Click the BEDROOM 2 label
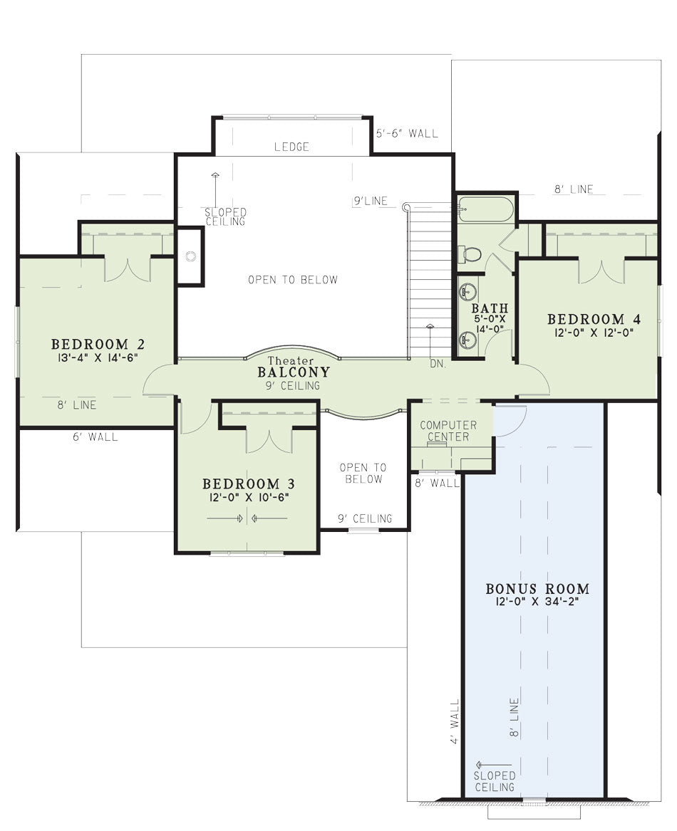coord(98,344)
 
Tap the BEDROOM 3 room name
coord(249,484)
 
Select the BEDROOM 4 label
coord(594,319)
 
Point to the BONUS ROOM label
coord(537,589)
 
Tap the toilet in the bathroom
coord(469,254)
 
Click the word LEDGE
coord(291,147)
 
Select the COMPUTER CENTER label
coord(448,431)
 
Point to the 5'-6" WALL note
coord(408,133)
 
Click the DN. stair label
coord(438,364)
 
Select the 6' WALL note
coord(95,437)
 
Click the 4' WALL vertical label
coord(455,722)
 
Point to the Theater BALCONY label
coord(294,367)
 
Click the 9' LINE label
coord(371,201)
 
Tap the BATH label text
coord(490,308)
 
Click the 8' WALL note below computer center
coord(437,483)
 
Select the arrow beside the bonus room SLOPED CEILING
coord(494,765)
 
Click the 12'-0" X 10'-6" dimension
coord(249,497)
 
